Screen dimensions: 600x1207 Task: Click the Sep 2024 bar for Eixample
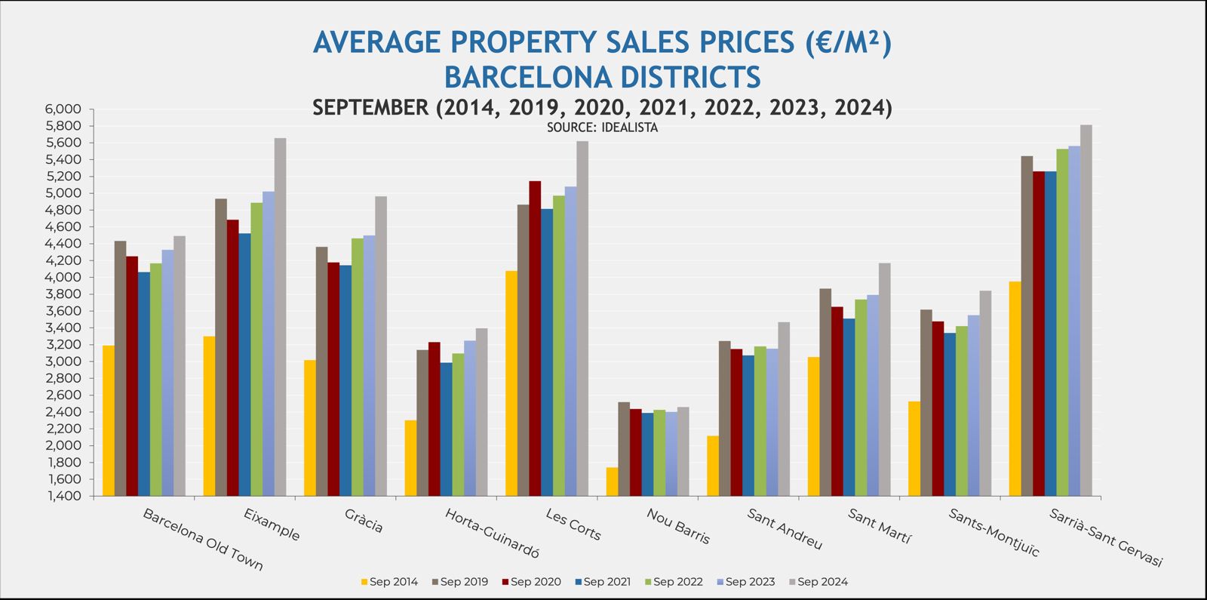click(280, 317)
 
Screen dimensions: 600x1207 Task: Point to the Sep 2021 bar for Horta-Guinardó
click(447, 429)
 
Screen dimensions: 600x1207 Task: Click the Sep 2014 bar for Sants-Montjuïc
click(914, 448)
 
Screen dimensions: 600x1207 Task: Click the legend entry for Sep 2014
click(389, 582)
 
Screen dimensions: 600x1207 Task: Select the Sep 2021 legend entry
click(602, 582)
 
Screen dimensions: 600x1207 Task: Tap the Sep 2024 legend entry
click(818, 582)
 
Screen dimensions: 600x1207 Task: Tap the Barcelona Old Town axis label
click(203, 539)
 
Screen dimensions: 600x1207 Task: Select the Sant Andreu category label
click(785, 528)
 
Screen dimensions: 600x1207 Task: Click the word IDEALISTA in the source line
click(630, 128)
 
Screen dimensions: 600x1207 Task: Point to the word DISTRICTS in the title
click(676, 77)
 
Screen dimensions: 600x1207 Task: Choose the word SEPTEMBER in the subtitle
click(370, 108)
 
